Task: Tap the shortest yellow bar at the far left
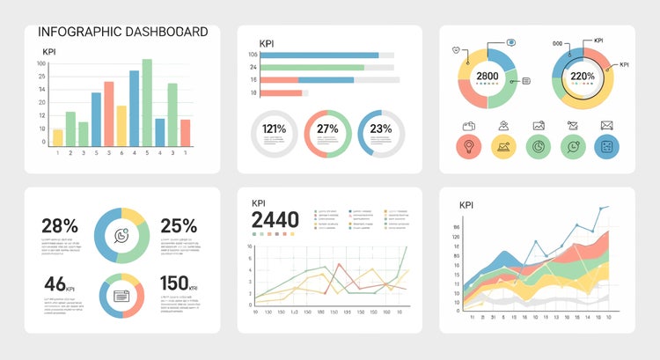(58, 136)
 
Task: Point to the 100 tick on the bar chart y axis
(41, 63)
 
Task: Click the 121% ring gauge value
(274, 129)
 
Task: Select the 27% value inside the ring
(327, 129)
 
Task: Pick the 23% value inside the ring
(381, 129)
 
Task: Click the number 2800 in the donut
(488, 77)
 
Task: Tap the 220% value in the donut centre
(583, 77)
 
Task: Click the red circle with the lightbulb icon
(469, 147)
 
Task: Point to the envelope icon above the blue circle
(606, 125)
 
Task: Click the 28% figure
(60, 225)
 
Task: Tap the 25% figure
(179, 225)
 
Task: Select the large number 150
(174, 283)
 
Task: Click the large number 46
(55, 283)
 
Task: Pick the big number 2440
(275, 220)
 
